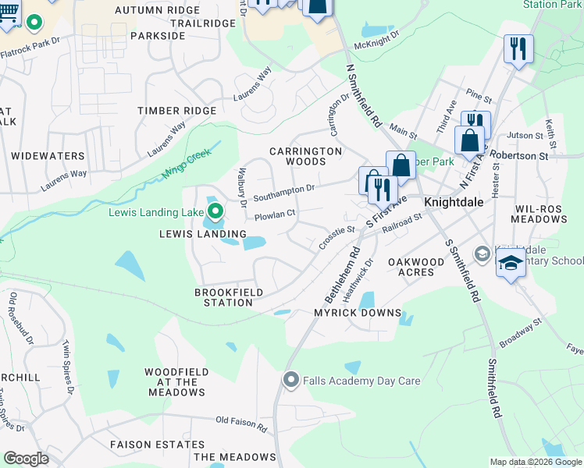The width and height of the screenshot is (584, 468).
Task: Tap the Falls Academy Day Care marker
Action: [291, 381]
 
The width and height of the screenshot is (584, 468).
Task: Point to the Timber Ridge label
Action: [176, 111]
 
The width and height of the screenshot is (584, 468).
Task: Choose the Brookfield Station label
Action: [223, 297]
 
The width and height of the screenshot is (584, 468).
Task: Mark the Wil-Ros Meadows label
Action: [541, 214]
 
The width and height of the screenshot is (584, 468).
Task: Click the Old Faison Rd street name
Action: [241, 424]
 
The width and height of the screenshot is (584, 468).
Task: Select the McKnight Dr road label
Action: [376, 40]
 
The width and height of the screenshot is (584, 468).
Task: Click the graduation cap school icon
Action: [511, 264]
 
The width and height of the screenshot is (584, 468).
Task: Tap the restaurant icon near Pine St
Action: [518, 48]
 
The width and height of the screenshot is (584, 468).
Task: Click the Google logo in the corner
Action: [26, 459]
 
